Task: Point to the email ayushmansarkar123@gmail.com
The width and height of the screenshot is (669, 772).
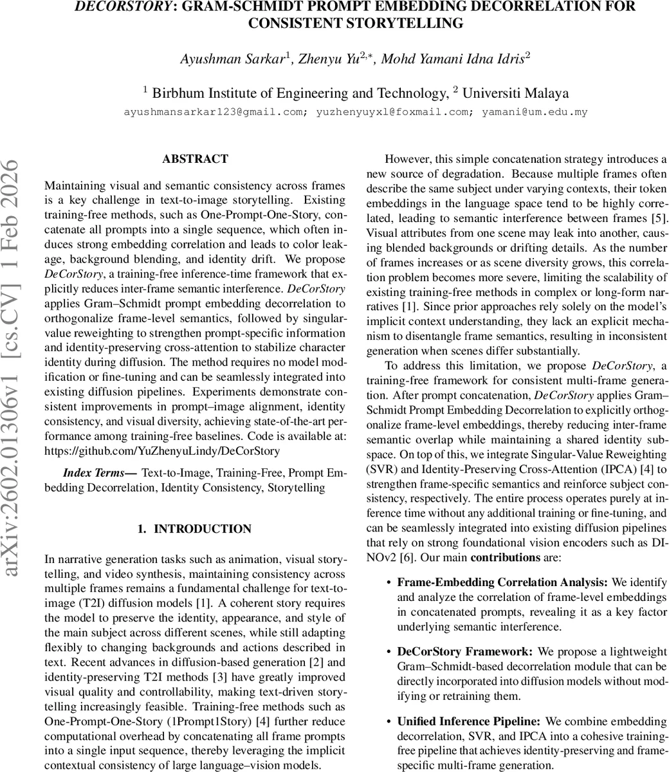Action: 199,112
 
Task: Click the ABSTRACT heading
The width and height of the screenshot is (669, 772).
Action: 195,159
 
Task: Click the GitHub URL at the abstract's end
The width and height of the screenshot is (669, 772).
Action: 162,450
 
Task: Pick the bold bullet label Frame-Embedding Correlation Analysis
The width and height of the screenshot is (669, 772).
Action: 502,583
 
